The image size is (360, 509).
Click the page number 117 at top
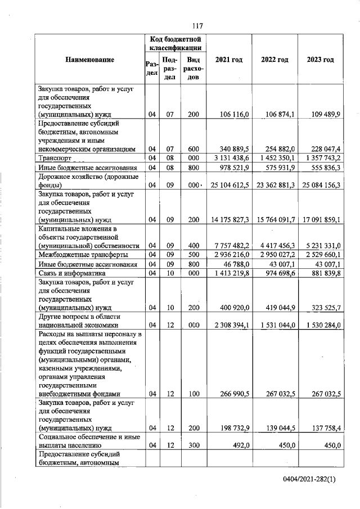[x=197, y=26]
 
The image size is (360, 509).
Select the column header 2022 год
[x=276, y=60]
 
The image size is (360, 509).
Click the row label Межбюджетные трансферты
[x=80, y=255]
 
